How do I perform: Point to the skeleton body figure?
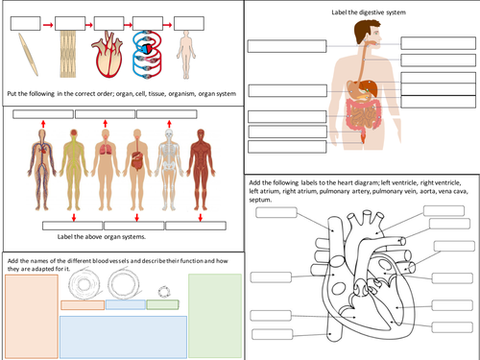(169, 163)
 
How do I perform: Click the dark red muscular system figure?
(201, 163)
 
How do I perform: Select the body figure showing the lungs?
(106, 163)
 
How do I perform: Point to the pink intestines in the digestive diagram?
(365, 118)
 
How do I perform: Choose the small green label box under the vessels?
(161, 304)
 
